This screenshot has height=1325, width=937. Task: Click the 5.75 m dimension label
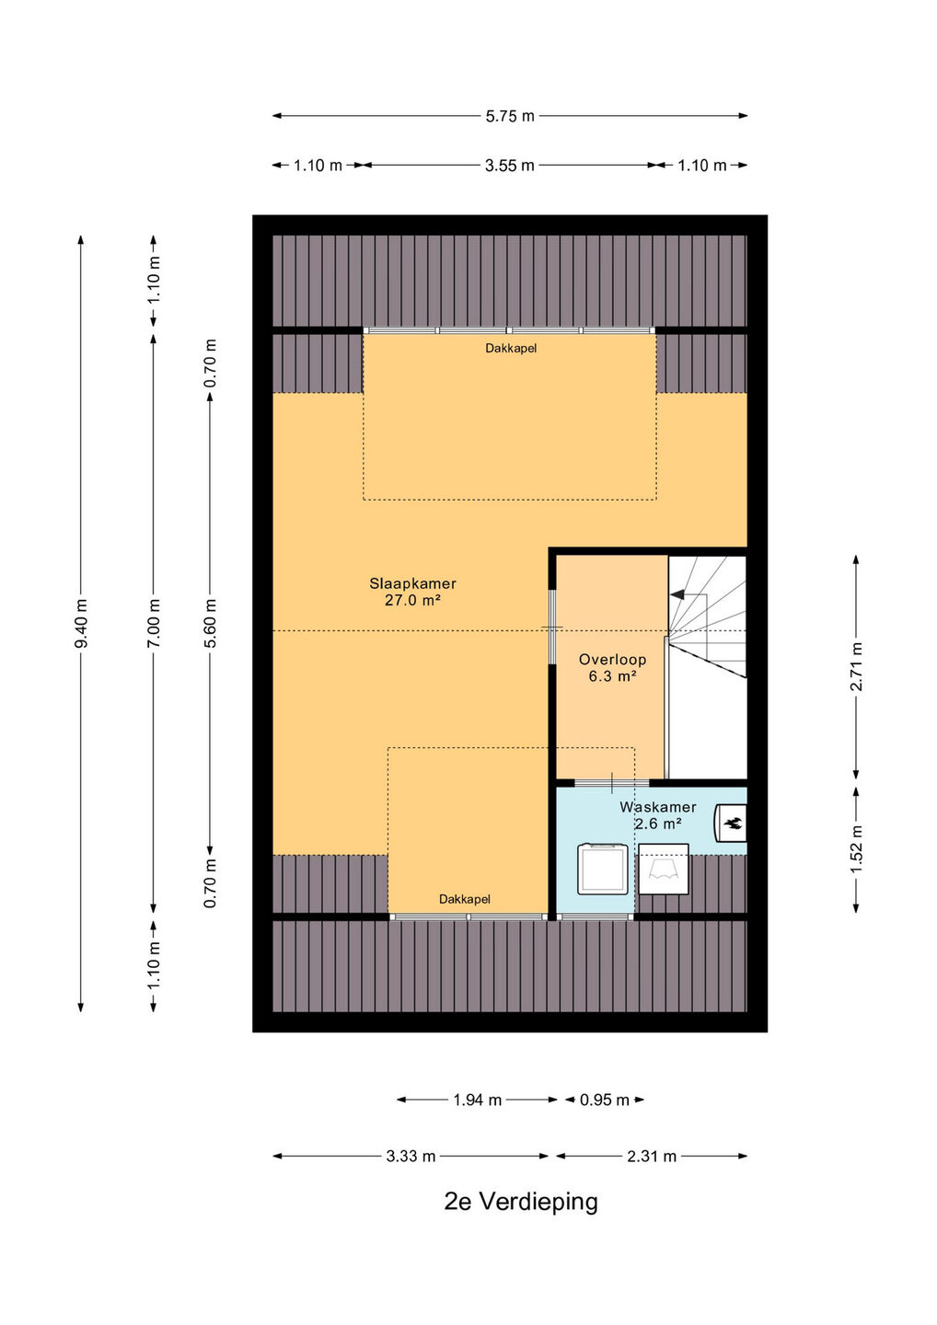pyautogui.click(x=509, y=117)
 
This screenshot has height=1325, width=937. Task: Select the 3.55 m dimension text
pyautogui.click(x=509, y=166)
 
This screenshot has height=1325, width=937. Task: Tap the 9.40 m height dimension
pyautogui.click(x=81, y=623)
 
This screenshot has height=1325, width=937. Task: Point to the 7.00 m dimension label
pyautogui.click(x=153, y=623)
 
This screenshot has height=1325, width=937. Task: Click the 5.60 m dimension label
pyautogui.click(x=210, y=623)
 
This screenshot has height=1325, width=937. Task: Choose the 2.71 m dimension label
pyautogui.click(x=856, y=666)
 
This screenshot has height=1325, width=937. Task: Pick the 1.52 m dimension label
pyautogui.click(x=856, y=848)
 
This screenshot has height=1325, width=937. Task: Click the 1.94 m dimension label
pyautogui.click(x=477, y=1100)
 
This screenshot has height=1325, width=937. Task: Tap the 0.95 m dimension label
pyautogui.click(x=604, y=1100)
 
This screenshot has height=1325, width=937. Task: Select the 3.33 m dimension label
pyautogui.click(x=411, y=1156)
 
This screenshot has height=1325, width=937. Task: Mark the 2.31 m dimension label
pyautogui.click(x=652, y=1156)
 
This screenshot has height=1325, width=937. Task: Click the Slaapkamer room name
pyautogui.click(x=413, y=583)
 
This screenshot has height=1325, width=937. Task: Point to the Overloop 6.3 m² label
pyautogui.click(x=612, y=668)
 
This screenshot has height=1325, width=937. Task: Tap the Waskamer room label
pyautogui.click(x=658, y=807)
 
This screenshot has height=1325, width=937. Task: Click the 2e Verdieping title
pyautogui.click(x=521, y=1203)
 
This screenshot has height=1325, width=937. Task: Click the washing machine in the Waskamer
pyautogui.click(x=602, y=869)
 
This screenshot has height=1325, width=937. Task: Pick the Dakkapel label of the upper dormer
pyautogui.click(x=511, y=349)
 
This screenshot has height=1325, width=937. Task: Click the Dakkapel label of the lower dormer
pyautogui.click(x=465, y=899)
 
